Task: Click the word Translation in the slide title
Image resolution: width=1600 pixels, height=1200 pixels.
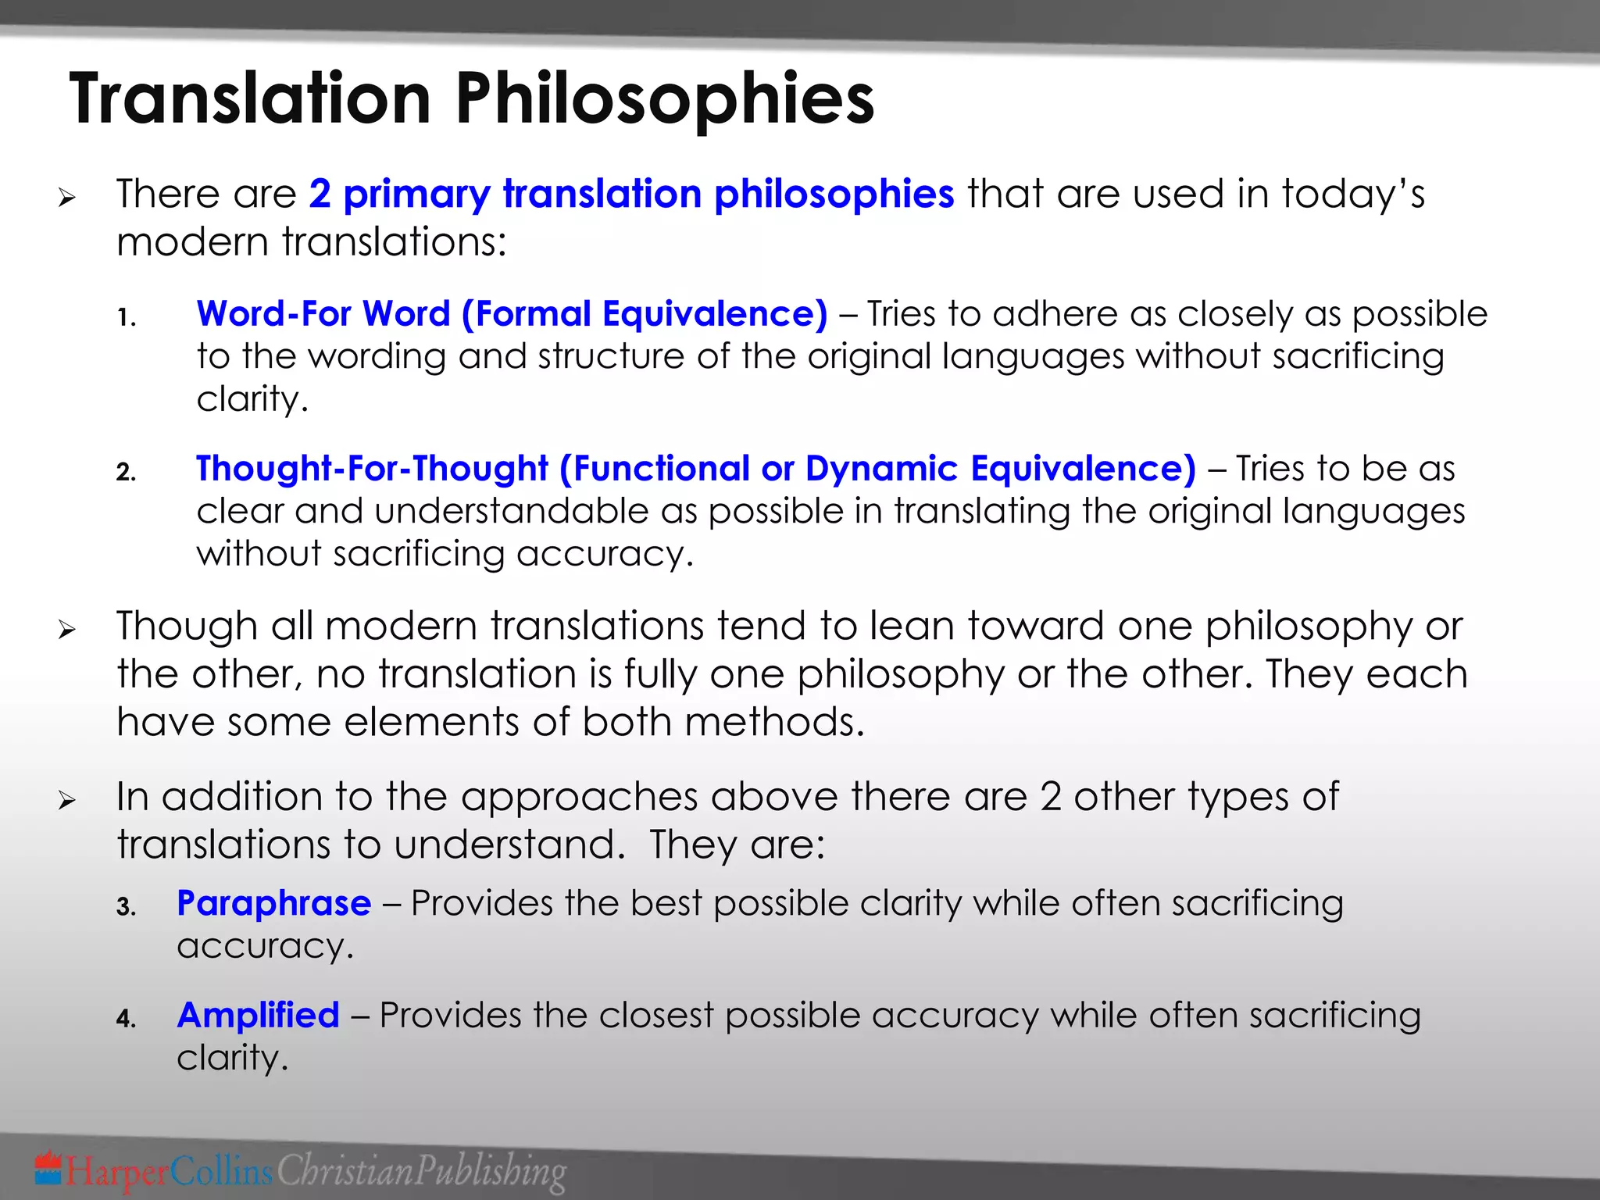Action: [x=250, y=99]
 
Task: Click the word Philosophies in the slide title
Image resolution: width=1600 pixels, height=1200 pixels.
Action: [x=664, y=99]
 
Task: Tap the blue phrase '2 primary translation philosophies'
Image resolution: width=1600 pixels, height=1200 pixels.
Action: [x=631, y=194]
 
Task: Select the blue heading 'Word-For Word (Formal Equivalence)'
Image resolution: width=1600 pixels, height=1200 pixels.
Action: [x=512, y=314]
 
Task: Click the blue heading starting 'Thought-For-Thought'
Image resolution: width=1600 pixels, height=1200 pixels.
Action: [x=695, y=469]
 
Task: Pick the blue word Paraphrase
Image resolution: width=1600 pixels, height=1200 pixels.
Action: [x=273, y=903]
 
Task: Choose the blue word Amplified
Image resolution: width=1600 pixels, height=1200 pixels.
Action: [x=258, y=1016]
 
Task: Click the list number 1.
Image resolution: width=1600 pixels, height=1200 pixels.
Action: [x=127, y=318]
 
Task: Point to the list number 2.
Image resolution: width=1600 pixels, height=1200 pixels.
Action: [x=126, y=473]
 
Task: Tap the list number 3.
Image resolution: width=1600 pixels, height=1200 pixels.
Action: [x=126, y=908]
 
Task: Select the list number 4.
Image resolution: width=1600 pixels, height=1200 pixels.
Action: [x=126, y=1020]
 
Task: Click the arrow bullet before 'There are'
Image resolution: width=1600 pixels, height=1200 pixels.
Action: [x=67, y=198]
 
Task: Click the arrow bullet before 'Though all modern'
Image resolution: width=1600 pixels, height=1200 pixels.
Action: [x=67, y=630]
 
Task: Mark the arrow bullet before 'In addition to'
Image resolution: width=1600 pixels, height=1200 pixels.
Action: [x=67, y=801]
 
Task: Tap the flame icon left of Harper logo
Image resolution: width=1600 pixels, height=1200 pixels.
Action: [x=48, y=1167]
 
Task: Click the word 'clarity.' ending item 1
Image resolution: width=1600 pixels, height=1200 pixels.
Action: [x=252, y=400]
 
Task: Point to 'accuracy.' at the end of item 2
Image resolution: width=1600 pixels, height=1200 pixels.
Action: [x=605, y=555]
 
